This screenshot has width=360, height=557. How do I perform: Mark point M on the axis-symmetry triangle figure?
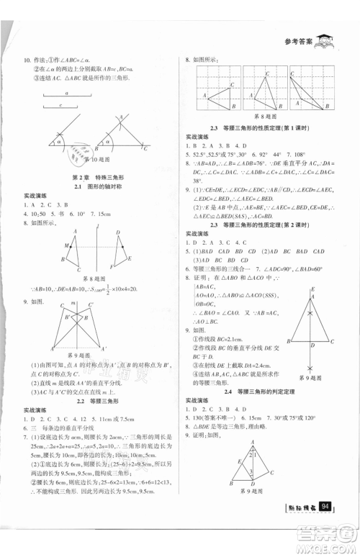pyautogui.click(x=67, y=247)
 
